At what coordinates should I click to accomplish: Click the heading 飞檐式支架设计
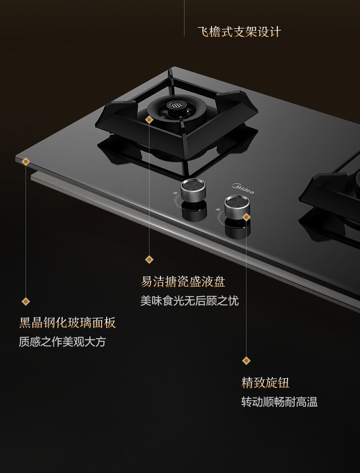click(239, 32)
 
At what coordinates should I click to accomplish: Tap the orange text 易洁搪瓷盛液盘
click(183, 282)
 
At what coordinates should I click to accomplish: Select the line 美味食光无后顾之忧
click(189, 301)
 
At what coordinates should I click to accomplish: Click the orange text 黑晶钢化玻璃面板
click(67, 323)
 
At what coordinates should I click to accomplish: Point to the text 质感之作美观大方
click(62, 342)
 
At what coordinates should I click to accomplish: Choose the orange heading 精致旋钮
click(265, 382)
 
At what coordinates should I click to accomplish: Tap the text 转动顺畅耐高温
click(279, 402)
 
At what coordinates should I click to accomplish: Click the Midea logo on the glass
click(244, 188)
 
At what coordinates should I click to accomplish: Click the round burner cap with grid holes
click(176, 105)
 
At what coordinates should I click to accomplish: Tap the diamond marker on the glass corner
click(26, 161)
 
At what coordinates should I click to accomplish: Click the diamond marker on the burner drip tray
click(149, 120)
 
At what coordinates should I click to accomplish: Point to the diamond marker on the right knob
click(247, 217)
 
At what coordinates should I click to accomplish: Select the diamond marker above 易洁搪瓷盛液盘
click(149, 259)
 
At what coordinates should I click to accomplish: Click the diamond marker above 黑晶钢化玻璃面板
click(26, 301)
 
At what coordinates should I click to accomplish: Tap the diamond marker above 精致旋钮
click(247, 360)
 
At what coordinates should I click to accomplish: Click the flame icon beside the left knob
click(175, 194)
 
